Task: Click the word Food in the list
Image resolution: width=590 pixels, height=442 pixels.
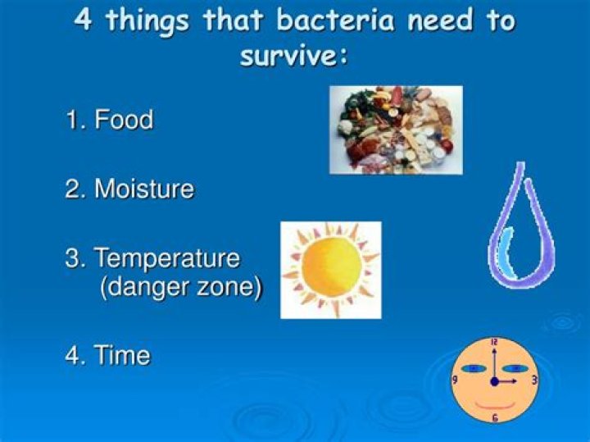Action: pos(124,120)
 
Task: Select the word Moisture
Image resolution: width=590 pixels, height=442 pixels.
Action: pos(144,189)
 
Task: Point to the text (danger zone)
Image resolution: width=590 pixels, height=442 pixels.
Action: pos(180,288)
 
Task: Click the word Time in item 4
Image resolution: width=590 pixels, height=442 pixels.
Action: pos(122,354)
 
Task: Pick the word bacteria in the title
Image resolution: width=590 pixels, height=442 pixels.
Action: pos(335,20)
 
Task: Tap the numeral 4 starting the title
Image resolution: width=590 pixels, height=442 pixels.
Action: pos(83,19)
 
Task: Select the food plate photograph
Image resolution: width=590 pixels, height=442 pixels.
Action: pos(397,130)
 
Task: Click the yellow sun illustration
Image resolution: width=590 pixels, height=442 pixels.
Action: pos(331,270)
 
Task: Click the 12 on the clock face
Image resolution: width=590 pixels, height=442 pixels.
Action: pos(494,342)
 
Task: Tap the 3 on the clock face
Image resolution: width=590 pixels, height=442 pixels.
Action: pos(534,380)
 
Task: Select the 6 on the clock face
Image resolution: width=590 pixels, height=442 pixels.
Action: pos(495,417)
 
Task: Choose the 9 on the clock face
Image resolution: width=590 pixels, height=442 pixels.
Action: pos(455,380)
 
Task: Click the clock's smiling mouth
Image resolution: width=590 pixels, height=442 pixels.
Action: pos(495,406)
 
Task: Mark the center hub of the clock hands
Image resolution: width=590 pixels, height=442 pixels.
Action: pos(495,382)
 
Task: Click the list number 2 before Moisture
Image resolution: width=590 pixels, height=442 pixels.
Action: pos(71,189)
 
